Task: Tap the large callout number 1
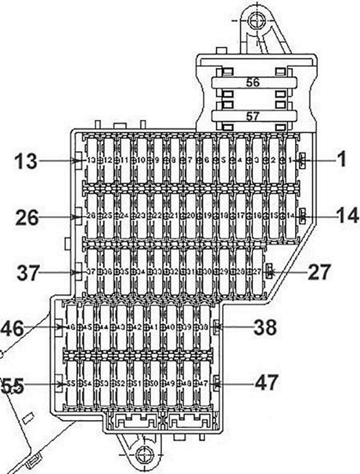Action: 342,160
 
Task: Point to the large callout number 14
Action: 346,216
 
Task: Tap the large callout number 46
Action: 12,328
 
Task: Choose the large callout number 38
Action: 265,327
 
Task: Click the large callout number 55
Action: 12,385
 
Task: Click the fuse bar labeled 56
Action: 253,82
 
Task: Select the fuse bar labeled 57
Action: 253,116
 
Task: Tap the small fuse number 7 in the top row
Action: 189,160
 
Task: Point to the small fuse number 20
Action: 190,216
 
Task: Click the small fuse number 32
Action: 174,271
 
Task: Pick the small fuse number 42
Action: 138,327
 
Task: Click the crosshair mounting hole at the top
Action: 257,21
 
